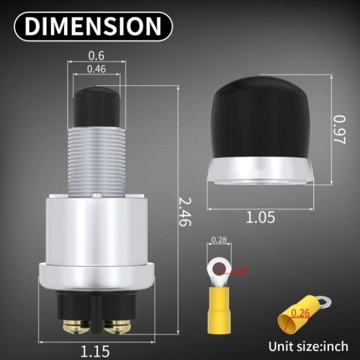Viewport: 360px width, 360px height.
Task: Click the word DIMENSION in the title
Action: coord(92,26)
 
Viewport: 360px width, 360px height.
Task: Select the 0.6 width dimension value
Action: coord(96,55)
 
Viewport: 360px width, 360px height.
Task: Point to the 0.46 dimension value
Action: coord(96,68)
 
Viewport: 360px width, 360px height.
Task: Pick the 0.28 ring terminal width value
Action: coord(218,240)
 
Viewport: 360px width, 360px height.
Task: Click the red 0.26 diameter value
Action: coord(300,313)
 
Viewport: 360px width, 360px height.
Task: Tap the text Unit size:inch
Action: coord(308,346)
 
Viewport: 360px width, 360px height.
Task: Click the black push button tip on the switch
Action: coord(96,106)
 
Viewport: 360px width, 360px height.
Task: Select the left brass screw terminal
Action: coord(73,324)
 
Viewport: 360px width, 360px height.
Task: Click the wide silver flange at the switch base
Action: coord(96,276)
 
